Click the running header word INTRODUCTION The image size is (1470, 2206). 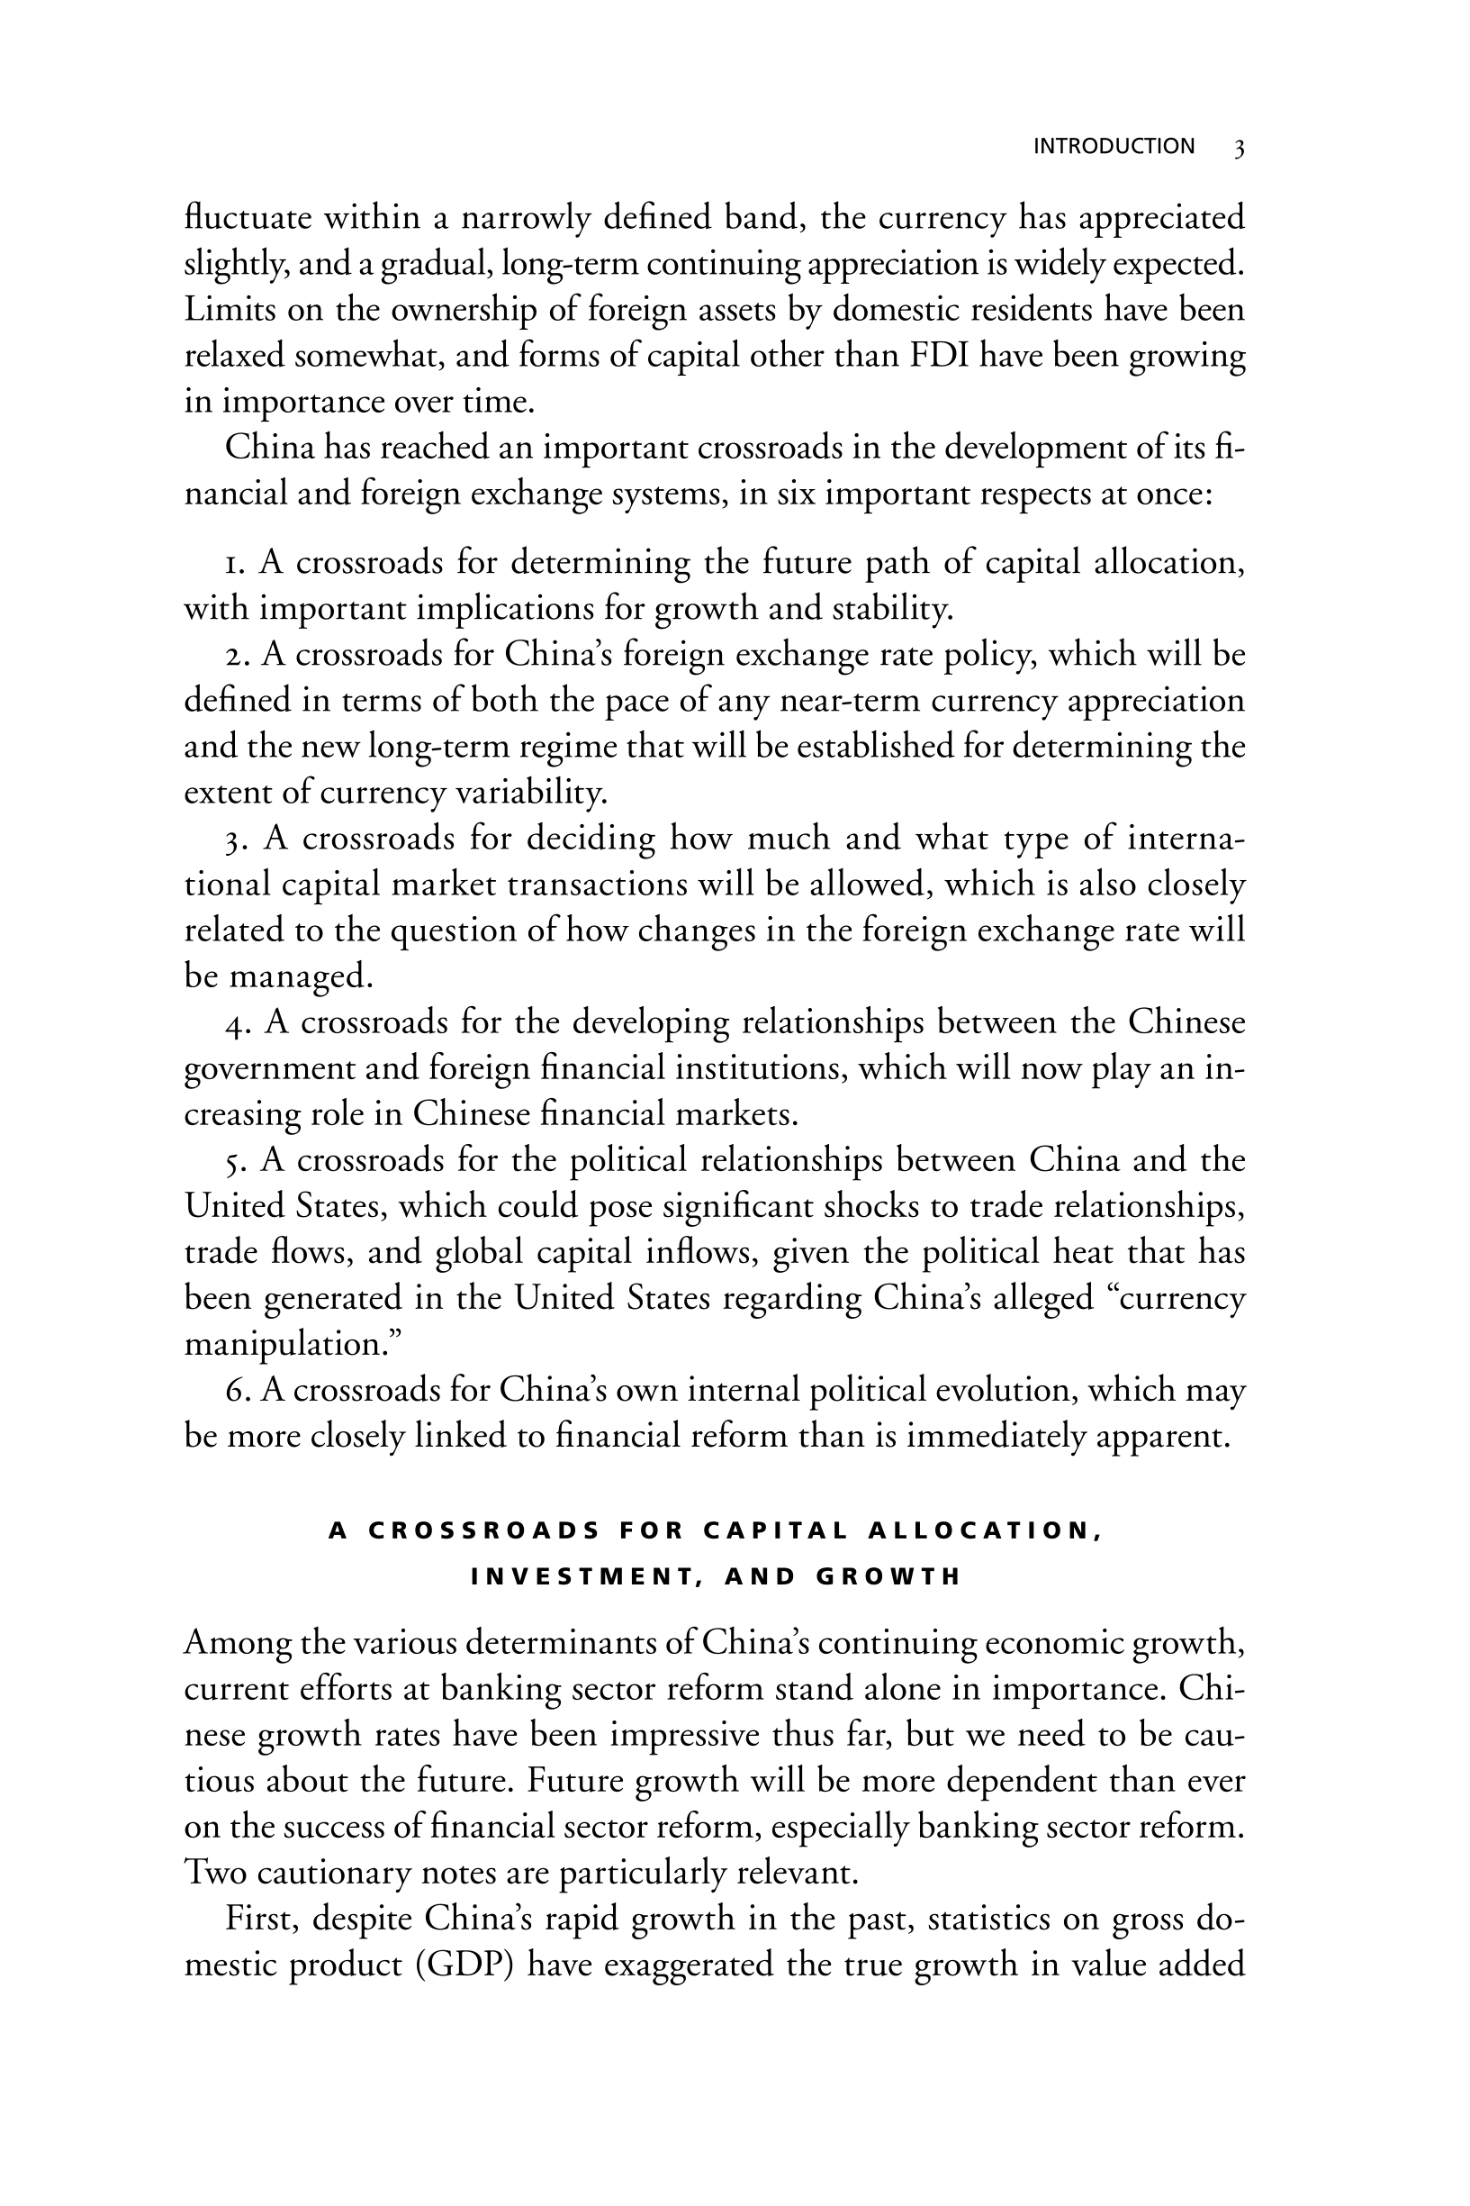pyautogui.click(x=1113, y=146)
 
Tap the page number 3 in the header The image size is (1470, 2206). pyautogui.click(x=1239, y=149)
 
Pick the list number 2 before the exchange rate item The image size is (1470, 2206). pyautogui.click(x=234, y=655)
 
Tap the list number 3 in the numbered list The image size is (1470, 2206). pyautogui.click(x=234, y=839)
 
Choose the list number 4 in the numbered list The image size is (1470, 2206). pyautogui.click(x=234, y=1022)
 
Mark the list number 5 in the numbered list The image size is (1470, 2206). pyautogui.click(x=234, y=1161)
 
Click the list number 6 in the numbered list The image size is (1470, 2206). pyautogui.click(x=234, y=1390)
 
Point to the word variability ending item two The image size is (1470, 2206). pyautogui.click(x=530, y=794)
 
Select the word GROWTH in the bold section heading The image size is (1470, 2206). pyautogui.click(x=888, y=1576)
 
